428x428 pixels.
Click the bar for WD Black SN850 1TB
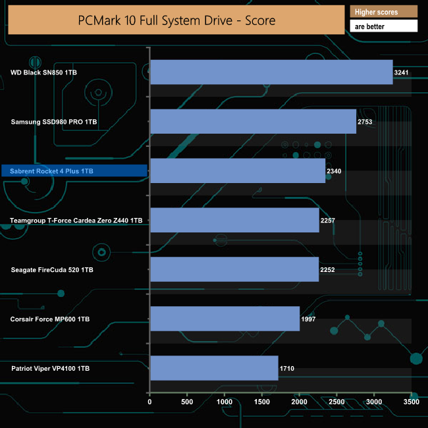pos(271,72)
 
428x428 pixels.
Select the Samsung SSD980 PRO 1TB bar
pos(253,121)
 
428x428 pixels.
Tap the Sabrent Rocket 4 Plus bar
pos(238,171)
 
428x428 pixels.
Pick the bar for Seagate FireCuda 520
pos(234,269)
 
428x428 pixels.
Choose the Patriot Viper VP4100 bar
pos(214,368)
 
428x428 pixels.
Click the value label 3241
pos(402,72)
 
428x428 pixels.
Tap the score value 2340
pos(334,171)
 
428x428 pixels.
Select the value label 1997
pos(309,319)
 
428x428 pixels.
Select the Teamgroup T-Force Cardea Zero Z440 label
pos(76,221)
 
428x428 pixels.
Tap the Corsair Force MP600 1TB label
pos(50,319)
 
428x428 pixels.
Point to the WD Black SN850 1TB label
pos(43,72)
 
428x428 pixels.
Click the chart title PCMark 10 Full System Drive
pos(176,20)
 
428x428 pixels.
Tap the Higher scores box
pos(385,12)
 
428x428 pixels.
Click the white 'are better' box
pos(385,26)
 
